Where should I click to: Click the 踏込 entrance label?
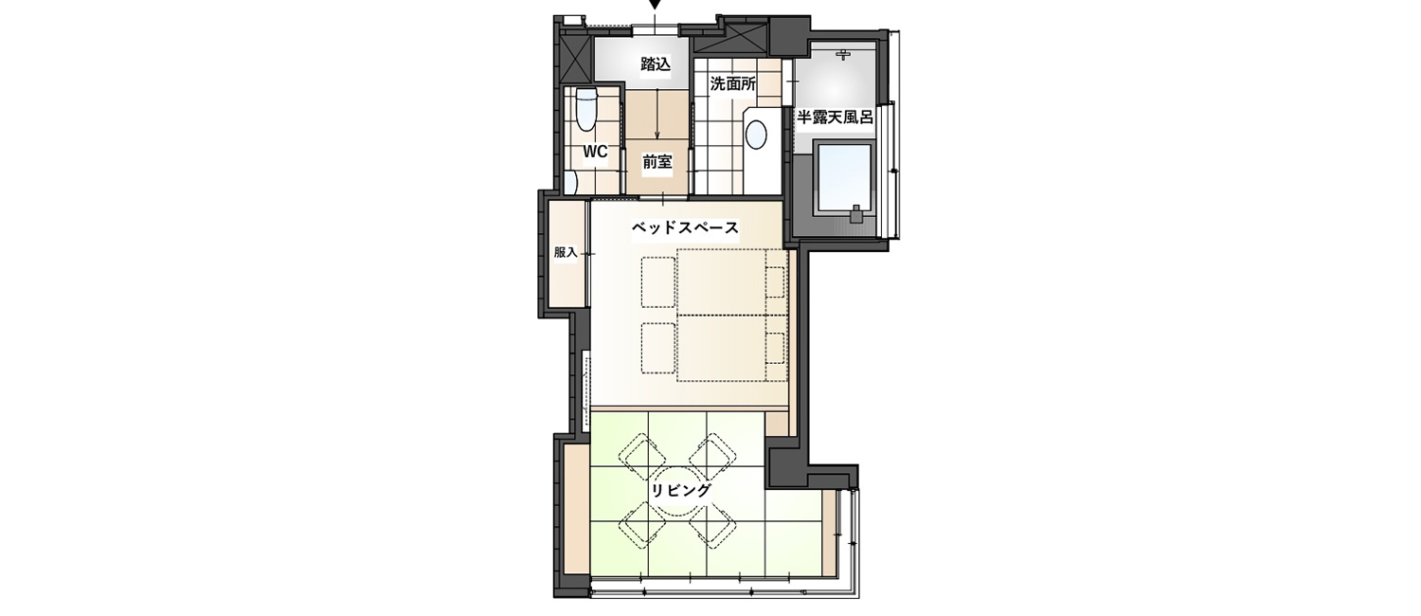coord(656,64)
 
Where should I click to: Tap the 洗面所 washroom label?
coord(732,83)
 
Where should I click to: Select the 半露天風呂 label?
coord(835,117)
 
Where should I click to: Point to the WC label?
coord(595,153)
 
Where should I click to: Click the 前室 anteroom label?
coord(657,162)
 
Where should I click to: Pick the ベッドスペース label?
coord(685,228)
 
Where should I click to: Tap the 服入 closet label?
coord(566,252)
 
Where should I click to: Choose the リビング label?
coord(681,490)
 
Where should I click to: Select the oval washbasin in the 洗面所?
coord(756,136)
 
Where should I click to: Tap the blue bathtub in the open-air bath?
coord(845,179)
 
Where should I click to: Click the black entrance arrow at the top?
coord(656,5)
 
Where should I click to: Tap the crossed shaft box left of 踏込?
coord(577,60)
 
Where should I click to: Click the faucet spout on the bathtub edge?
coord(857,214)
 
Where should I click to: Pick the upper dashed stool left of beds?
coord(657,282)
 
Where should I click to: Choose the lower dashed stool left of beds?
coord(657,349)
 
